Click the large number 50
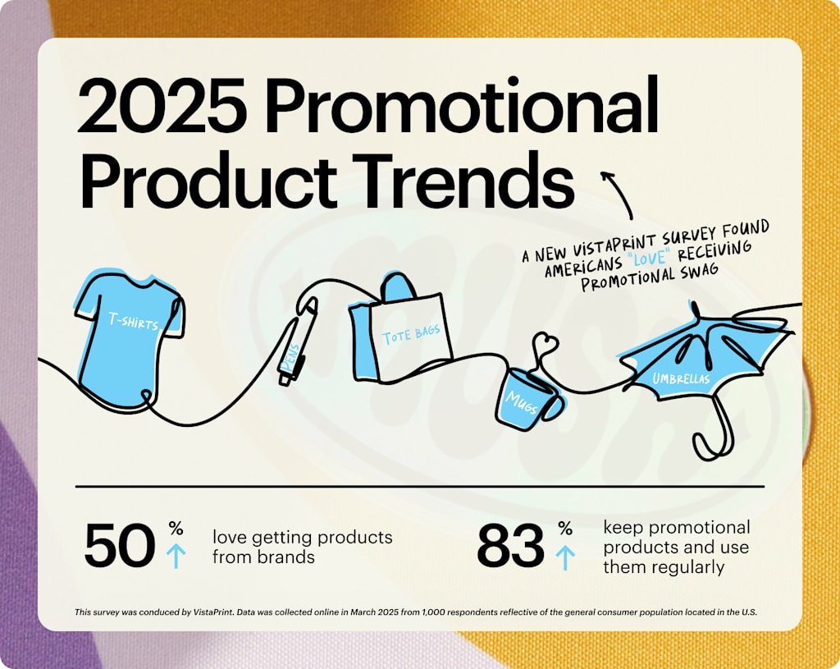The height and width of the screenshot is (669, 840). [120, 547]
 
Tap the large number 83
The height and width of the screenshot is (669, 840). [510, 547]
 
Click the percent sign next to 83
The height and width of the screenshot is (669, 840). [565, 529]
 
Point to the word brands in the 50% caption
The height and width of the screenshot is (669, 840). [288, 557]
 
